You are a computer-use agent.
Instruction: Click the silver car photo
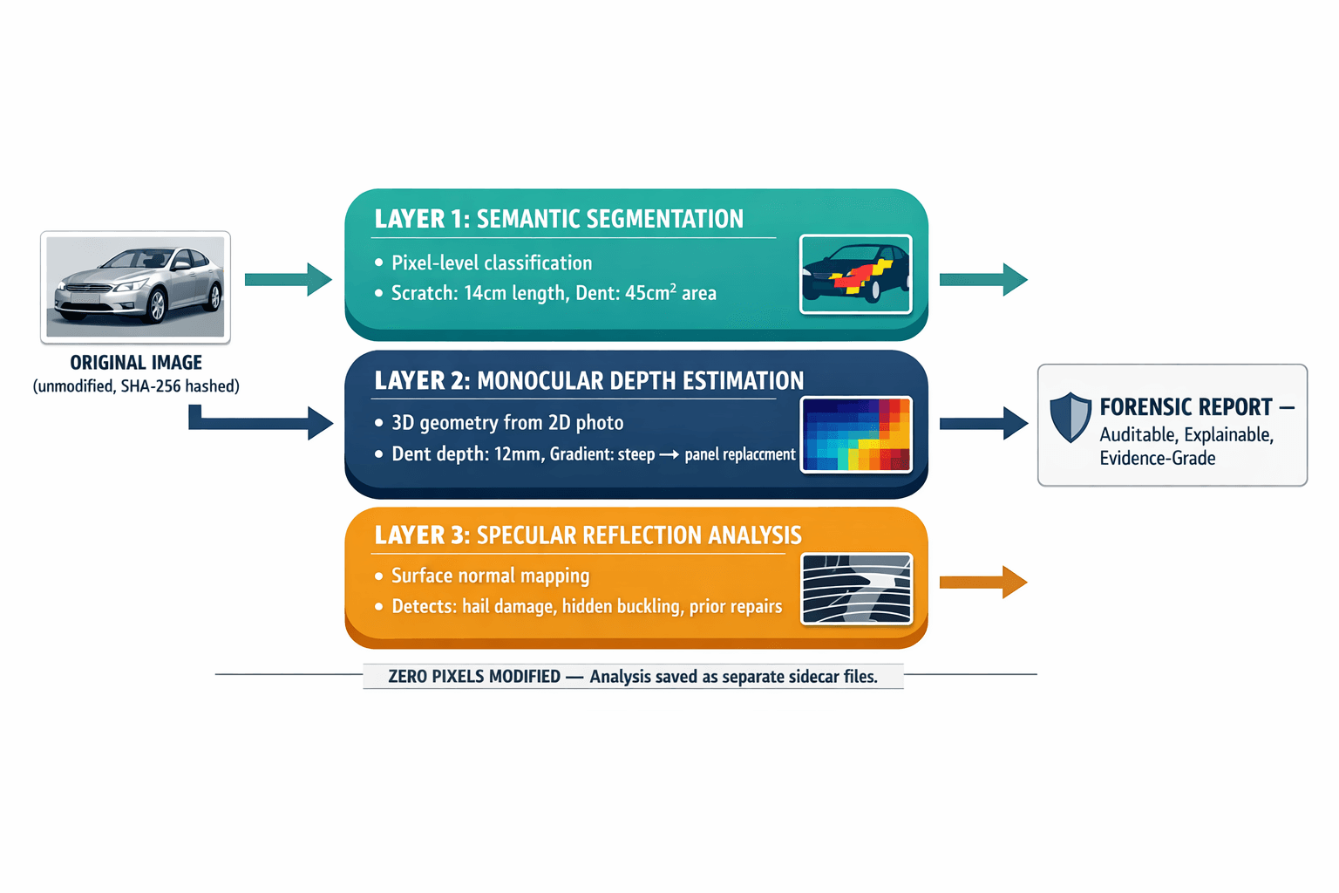tap(135, 286)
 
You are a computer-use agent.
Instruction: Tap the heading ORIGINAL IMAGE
tap(136, 363)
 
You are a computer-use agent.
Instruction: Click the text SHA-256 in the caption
tap(150, 386)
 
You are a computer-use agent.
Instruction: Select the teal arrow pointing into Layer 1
tap(288, 280)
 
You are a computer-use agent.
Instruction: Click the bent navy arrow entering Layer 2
tap(262, 423)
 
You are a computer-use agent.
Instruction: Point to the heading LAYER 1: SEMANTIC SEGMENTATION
tap(559, 219)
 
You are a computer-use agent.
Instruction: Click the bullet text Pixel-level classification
tap(492, 263)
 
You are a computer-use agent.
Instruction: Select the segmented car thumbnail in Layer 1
tap(855, 274)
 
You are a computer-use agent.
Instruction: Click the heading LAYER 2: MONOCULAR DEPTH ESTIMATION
tap(588, 381)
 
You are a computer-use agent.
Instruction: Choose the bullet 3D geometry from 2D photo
tap(507, 423)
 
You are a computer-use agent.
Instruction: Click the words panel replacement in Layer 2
tap(740, 454)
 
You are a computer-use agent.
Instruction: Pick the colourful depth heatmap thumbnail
tap(855, 434)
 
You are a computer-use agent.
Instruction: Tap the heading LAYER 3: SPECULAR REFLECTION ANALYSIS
tap(588, 535)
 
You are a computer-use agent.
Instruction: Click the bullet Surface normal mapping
tap(490, 576)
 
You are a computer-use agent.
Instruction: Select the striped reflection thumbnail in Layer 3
tap(856, 589)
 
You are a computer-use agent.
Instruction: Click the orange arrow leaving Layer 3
tap(982, 582)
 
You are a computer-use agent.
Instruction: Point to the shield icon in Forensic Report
tap(1070, 417)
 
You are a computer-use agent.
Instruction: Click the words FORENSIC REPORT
tap(1186, 407)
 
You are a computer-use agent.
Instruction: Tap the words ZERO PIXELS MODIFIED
tap(474, 677)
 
